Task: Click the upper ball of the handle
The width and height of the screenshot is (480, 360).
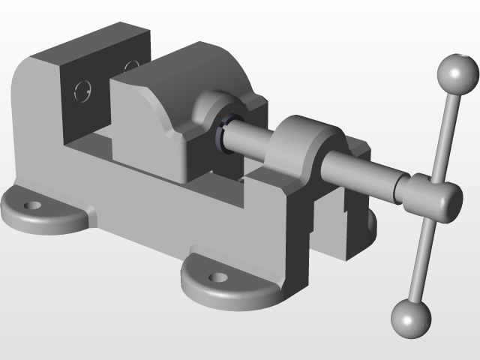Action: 457,73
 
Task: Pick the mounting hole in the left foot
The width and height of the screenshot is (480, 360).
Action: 31,204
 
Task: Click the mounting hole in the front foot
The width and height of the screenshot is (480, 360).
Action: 217,277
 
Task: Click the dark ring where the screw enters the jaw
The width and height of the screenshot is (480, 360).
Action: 227,131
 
